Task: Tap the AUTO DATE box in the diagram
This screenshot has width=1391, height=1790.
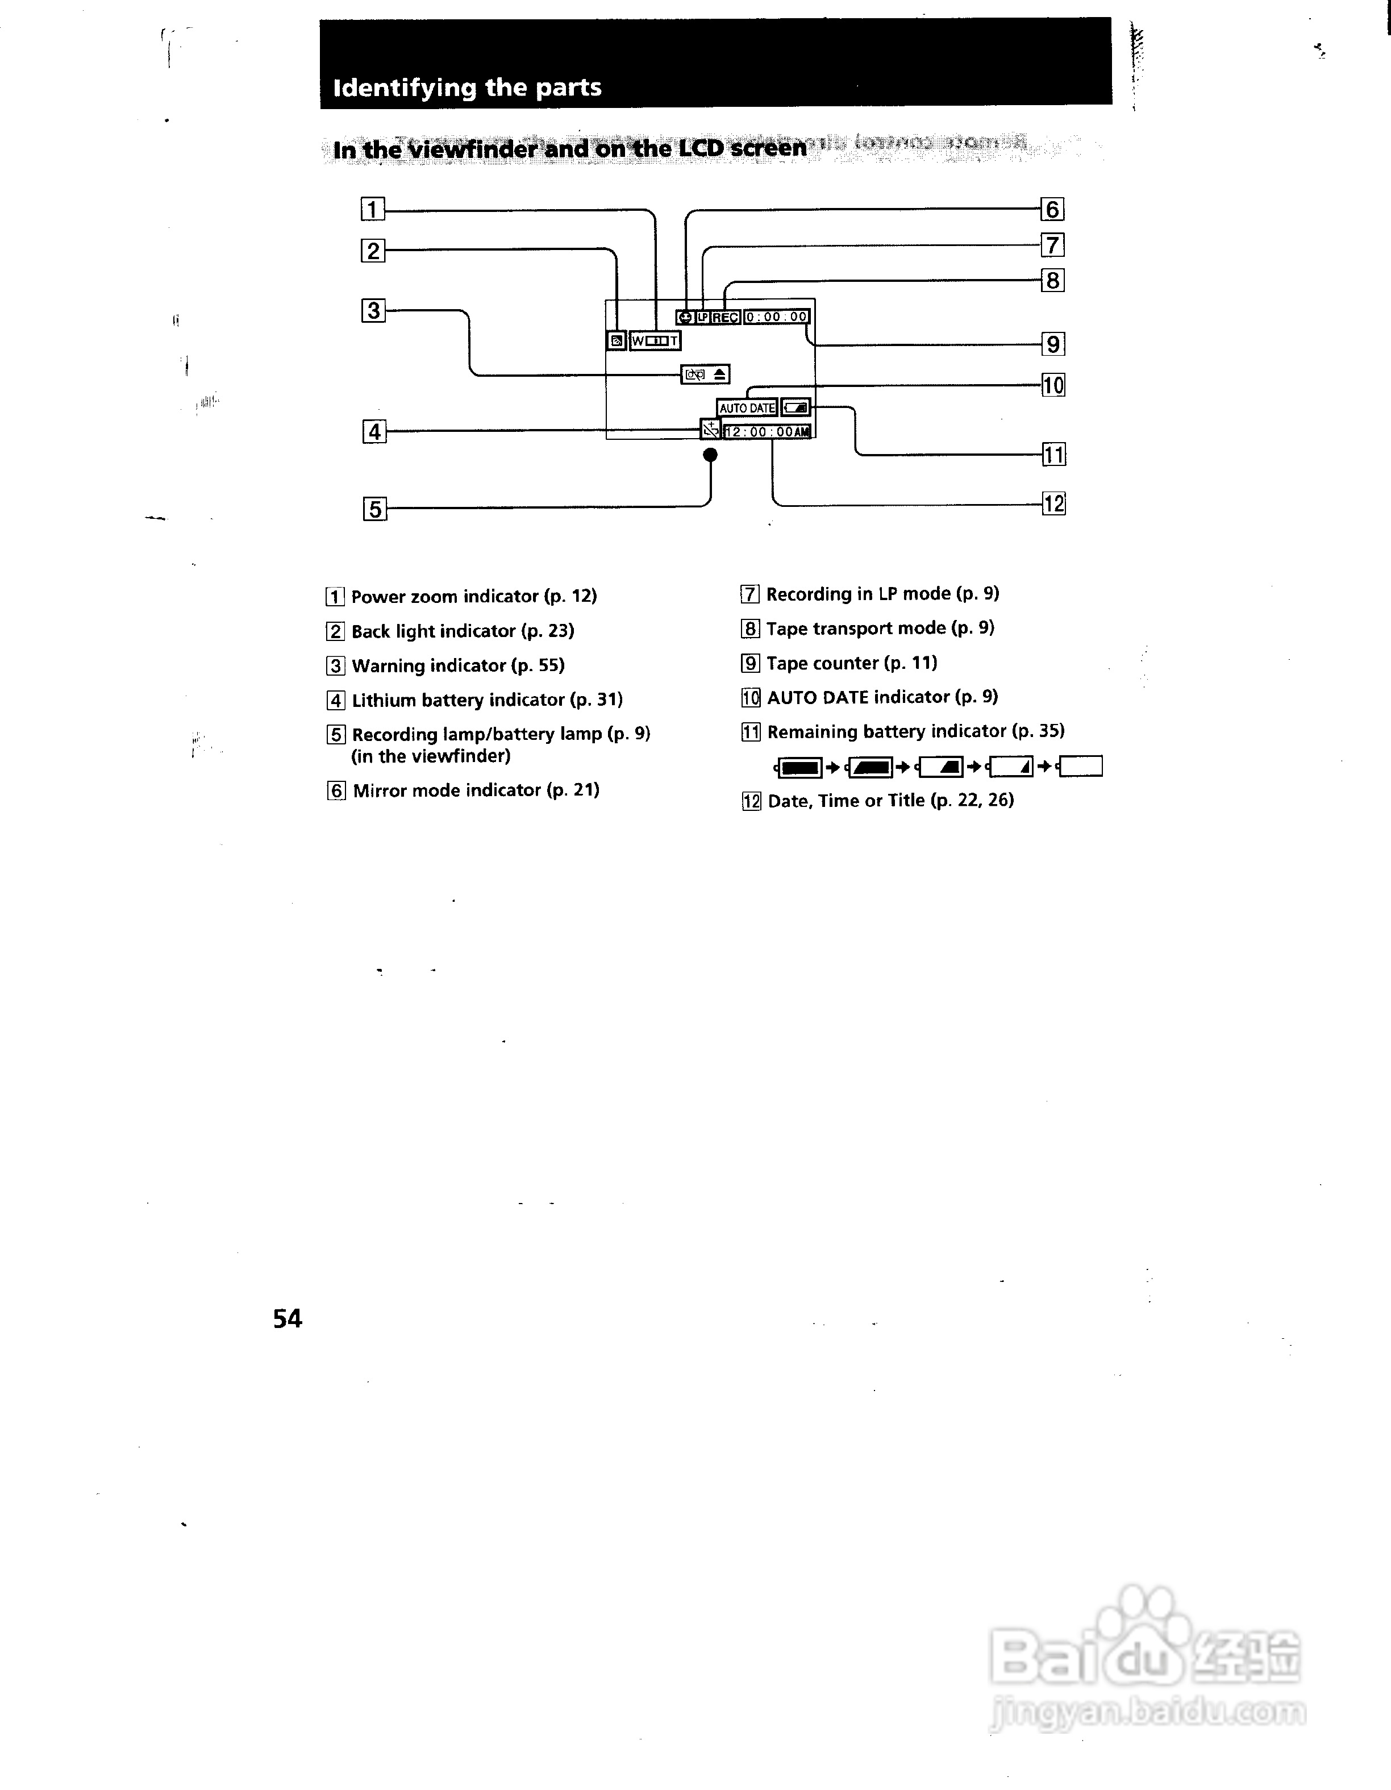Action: click(x=747, y=408)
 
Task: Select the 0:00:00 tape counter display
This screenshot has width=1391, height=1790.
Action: click(x=776, y=317)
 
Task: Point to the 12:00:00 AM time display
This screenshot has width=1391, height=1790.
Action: click(x=768, y=432)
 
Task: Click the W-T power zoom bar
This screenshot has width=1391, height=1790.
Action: click(x=655, y=341)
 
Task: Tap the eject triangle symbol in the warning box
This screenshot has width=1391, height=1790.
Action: click(x=719, y=374)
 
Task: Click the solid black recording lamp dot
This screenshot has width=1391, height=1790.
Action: click(x=711, y=455)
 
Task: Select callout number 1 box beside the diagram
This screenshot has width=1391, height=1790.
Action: click(x=373, y=210)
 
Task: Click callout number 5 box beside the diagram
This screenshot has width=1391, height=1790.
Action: click(x=374, y=509)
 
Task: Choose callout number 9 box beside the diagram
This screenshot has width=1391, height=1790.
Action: click(x=1053, y=344)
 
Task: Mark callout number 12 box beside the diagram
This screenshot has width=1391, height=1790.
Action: click(x=1053, y=503)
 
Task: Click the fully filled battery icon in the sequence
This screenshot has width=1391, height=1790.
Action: click(x=799, y=768)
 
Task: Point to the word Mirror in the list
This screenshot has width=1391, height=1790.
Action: click(x=381, y=790)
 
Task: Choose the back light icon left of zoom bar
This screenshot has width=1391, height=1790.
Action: click(x=617, y=341)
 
